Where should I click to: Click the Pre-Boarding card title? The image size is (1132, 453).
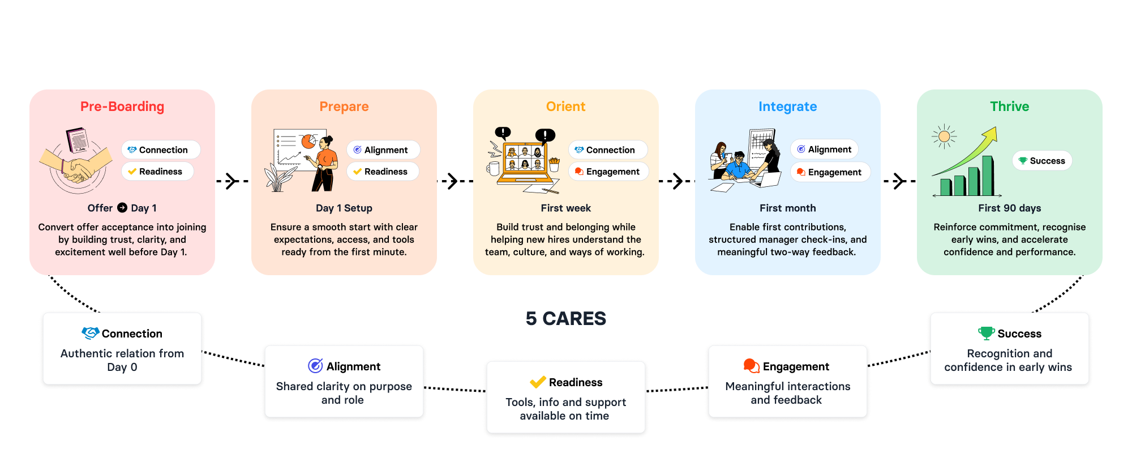pos(122,106)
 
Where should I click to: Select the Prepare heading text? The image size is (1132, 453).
pos(344,106)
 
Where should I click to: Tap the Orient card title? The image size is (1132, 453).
pos(565,106)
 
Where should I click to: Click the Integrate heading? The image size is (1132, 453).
pos(787,106)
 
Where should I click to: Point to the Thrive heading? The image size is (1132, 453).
pos(1009,106)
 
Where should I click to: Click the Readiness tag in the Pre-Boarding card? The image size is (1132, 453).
pos(157,172)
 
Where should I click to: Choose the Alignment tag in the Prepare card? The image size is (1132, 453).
pos(383,150)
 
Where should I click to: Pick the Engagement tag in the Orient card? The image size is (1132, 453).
pos(608,172)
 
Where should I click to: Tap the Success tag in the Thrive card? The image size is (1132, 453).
pos(1042,161)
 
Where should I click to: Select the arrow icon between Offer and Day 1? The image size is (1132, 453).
pos(122,208)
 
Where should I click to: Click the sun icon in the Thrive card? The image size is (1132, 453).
pos(944,136)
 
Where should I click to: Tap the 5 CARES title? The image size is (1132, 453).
pos(565,319)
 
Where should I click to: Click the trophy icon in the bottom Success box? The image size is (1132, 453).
pos(986,334)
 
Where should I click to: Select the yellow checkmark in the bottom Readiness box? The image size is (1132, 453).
pos(538,382)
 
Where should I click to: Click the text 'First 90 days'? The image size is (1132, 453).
pos(1009,208)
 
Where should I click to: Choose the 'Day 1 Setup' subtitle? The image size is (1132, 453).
pos(344,208)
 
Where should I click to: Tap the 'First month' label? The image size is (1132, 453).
pos(787,208)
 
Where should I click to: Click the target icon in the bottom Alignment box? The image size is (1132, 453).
pos(315,366)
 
